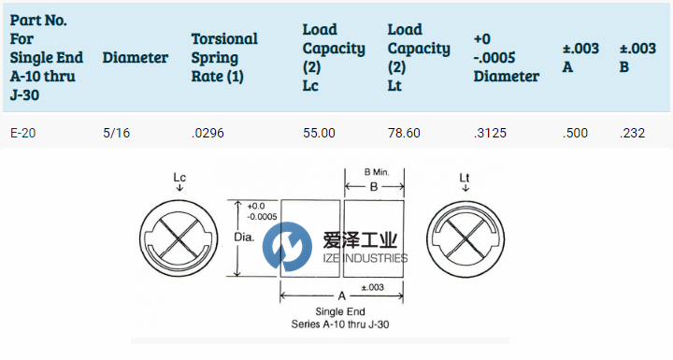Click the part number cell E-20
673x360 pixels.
pyautogui.click(x=22, y=133)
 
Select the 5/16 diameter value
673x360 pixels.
pyautogui.click(x=116, y=133)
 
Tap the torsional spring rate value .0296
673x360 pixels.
pyautogui.click(x=208, y=133)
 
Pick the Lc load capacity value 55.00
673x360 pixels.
pyautogui.click(x=319, y=133)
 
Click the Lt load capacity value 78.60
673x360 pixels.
pyautogui.click(x=404, y=133)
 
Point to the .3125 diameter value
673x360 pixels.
pyautogui.click(x=490, y=133)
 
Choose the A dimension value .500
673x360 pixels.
pyautogui.click(x=575, y=133)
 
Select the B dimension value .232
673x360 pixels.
pyautogui.click(x=632, y=133)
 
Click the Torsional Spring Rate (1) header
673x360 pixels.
pyautogui.click(x=224, y=58)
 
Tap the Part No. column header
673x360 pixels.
pyautogui.click(x=47, y=57)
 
